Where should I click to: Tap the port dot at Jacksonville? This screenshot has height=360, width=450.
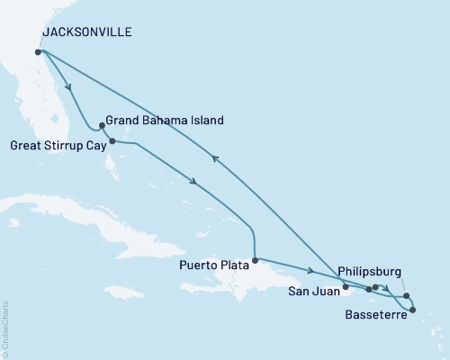tap(38, 52)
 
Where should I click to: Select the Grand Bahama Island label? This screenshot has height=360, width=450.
tap(165, 120)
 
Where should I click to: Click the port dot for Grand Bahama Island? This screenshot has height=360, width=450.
tap(102, 126)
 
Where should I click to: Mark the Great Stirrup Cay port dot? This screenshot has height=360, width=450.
tap(112, 141)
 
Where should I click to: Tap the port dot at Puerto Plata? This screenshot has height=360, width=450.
tap(256, 261)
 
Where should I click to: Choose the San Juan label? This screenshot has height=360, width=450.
tap(314, 291)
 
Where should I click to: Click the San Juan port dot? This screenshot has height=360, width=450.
tap(346, 287)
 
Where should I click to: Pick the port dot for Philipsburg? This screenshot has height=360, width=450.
tap(406, 296)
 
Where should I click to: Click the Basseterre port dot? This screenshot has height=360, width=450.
tap(413, 310)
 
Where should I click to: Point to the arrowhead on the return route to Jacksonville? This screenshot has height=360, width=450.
tap(215, 157)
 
